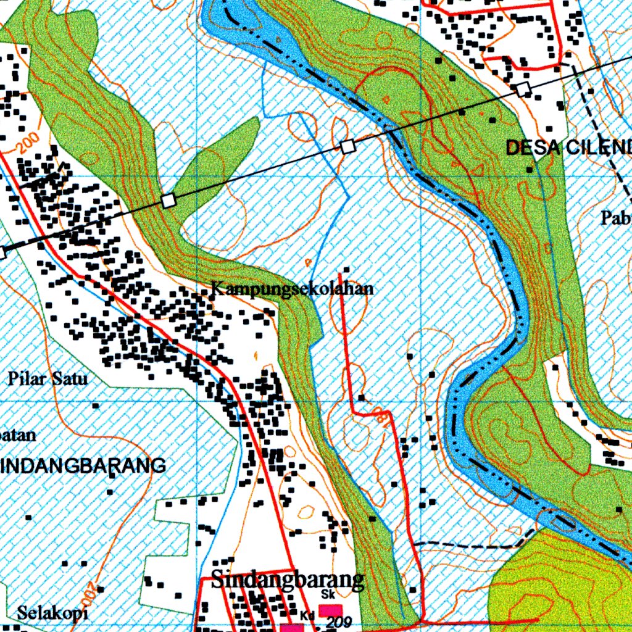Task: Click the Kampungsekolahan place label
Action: tap(292, 289)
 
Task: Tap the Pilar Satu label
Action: tap(48, 378)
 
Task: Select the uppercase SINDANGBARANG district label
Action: tap(83, 465)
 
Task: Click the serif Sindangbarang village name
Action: tap(287, 580)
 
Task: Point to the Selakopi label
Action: tap(52, 613)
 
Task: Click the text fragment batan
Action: tap(17, 434)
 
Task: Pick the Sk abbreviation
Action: tap(328, 594)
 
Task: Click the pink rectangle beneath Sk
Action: tap(331, 610)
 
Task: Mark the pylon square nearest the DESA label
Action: tap(523, 89)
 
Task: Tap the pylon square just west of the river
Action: tap(348, 146)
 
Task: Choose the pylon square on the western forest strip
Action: tap(168, 201)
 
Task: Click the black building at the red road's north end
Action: tap(346, 270)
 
